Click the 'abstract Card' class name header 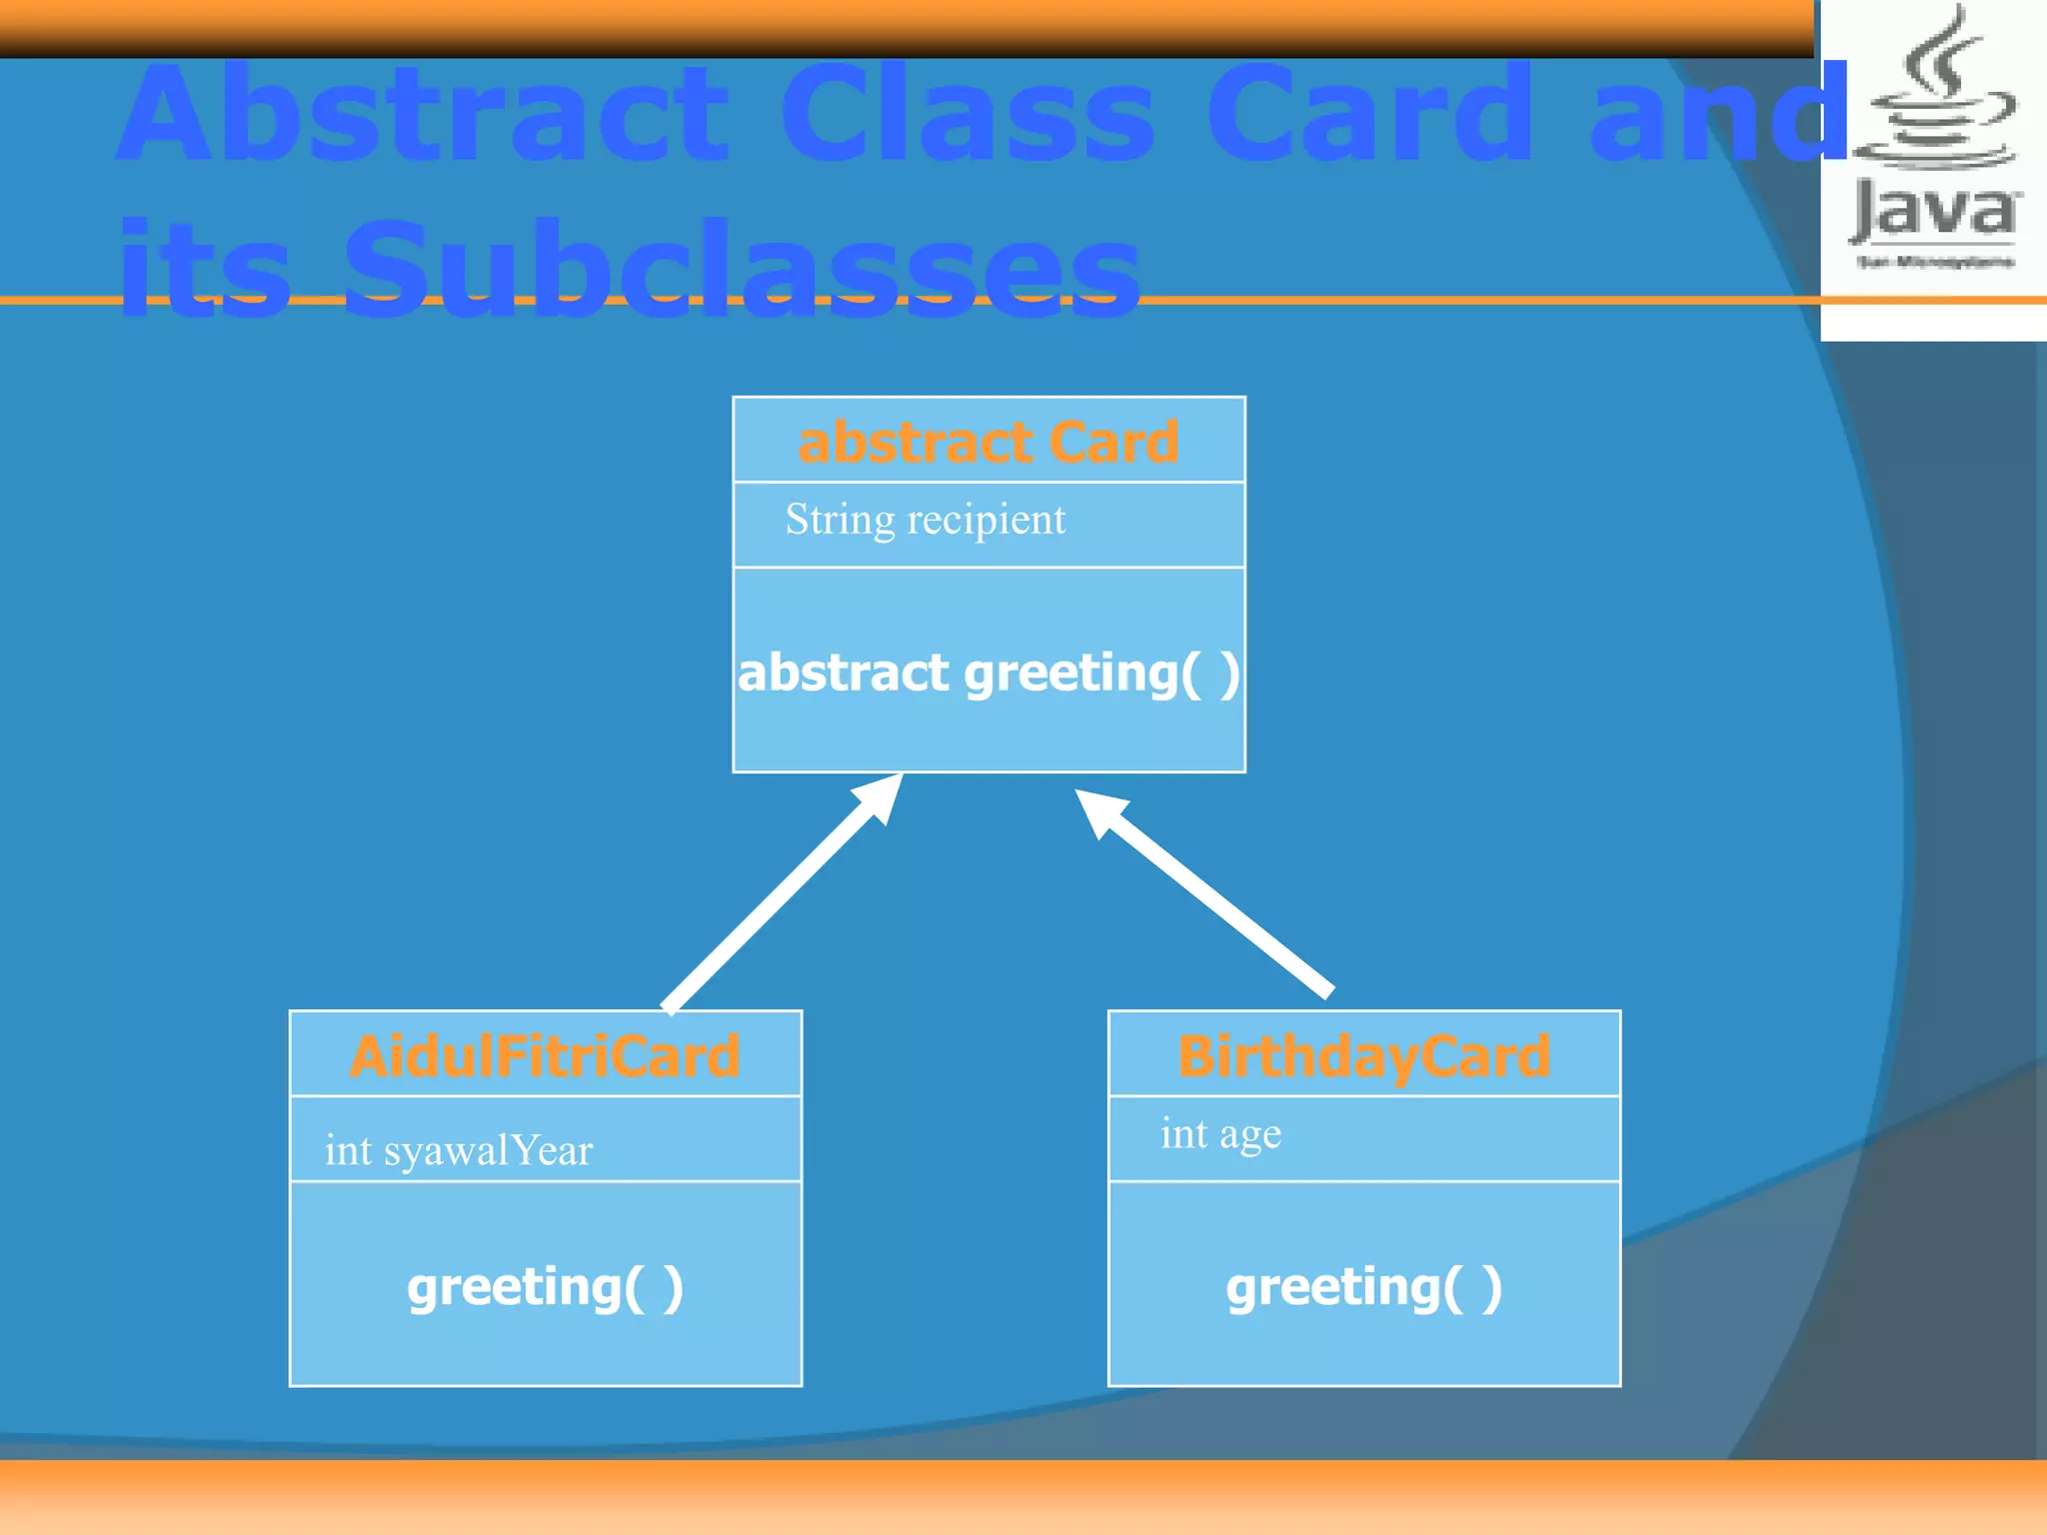[988, 442]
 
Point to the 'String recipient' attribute [925, 520]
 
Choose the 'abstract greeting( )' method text [988, 672]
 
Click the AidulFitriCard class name [545, 1055]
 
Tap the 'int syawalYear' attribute [458, 1150]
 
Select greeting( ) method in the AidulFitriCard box [545, 1286]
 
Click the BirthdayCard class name [1363, 1055]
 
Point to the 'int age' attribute [1220, 1134]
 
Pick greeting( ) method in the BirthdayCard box [1363, 1286]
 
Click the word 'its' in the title [204, 270]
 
